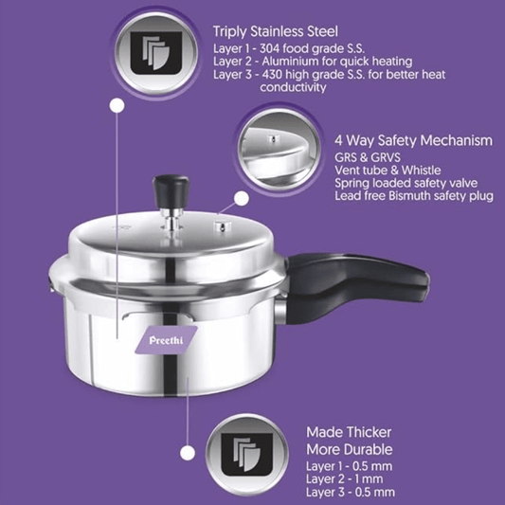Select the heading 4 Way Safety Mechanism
413,139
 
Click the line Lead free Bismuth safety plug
414,196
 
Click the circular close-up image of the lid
278,149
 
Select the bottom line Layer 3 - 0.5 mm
350,492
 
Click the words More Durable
349,448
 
